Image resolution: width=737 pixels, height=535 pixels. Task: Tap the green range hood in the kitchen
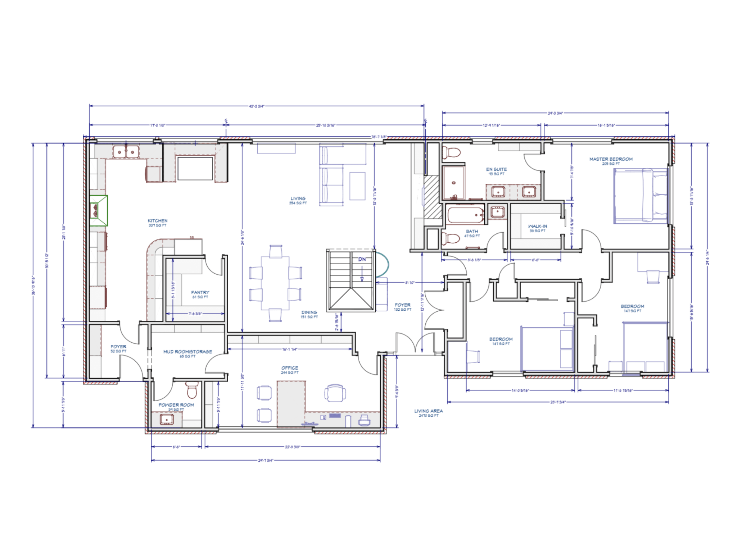pyautogui.click(x=98, y=210)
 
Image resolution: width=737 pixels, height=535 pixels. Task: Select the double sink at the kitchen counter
pyautogui.click(x=126, y=152)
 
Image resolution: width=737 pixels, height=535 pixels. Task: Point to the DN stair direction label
pyautogui.click(x=362, y=259)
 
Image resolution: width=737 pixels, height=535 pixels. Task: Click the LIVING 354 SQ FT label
pyautogui.click(x=298, y=200)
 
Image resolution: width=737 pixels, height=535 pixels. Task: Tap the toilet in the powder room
pyautogui.click(x=192, y=390)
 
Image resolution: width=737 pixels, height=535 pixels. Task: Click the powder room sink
pyautogui.click(x=167, y=420)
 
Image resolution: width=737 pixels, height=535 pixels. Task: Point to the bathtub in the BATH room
pyautogui.click(x=466, y=215)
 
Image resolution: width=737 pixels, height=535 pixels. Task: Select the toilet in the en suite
pyautogui.click(x=452, y=152)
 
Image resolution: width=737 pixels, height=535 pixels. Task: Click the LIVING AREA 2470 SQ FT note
pyautogui.click(x=428, y=413)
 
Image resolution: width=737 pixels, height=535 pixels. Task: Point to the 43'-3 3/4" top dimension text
pyautogui.click(x=257, y=106)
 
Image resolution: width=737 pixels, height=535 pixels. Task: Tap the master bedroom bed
pyautogui.click(x=641, y=196)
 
